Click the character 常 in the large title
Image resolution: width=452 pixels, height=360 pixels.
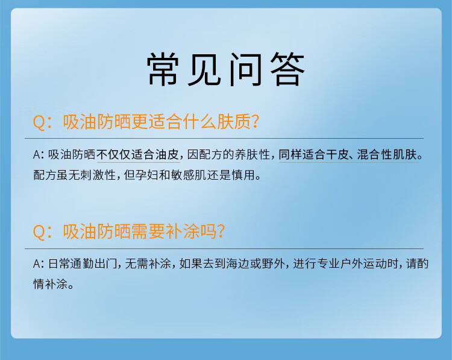[x=163, y=69]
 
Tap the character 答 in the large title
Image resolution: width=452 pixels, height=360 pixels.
[x=287, y=69]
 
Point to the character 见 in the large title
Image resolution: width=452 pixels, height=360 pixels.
[x=204, y=69]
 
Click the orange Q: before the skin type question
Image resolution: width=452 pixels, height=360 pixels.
[x=42, y=122]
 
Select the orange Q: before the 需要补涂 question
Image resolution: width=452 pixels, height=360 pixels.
[x=42, y=232]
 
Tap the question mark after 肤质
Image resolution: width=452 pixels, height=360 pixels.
[x=256, y=122]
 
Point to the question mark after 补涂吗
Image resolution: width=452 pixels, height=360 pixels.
[x=221, y=232]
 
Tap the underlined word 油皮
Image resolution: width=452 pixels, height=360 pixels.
[x=168, y=155]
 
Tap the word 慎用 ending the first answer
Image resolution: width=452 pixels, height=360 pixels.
[x=243, y=175]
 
